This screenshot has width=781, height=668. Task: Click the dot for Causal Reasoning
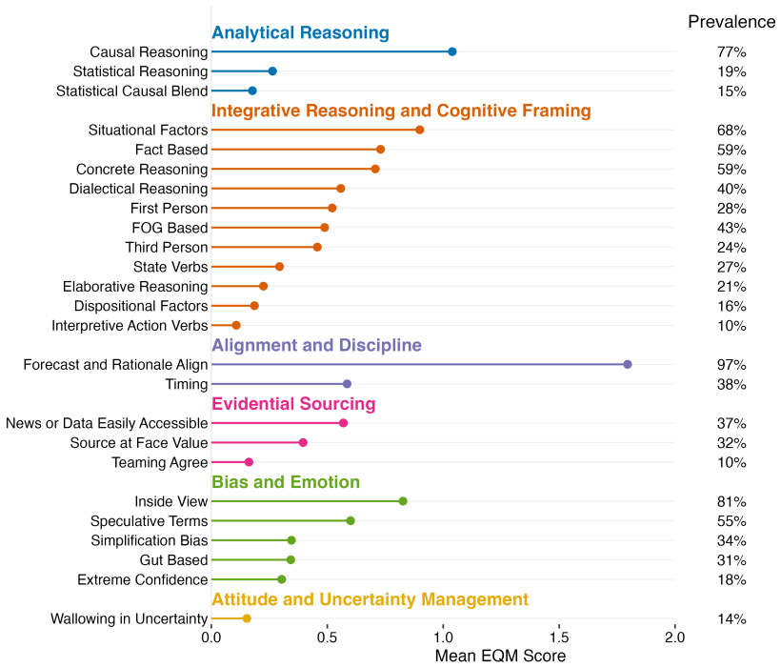(452, 51)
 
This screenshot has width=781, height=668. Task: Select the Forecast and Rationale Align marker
(628, 364)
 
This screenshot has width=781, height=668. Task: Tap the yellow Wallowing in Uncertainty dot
(247, 618)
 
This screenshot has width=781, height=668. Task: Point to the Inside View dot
(403, 501)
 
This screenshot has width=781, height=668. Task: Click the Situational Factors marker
(419, 131)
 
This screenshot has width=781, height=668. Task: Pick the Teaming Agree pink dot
(249, 462)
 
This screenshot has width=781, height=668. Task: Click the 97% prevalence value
(731, 365)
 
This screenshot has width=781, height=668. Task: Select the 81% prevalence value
(731, 501)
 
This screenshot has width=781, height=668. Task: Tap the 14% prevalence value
(731, 619)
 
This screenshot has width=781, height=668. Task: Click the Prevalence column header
(731, 22)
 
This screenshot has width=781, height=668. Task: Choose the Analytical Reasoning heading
(300, 33)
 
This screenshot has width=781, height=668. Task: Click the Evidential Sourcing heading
(293, 404)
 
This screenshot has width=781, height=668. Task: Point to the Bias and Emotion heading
(286, 482)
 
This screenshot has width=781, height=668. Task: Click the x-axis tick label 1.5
(559, 638)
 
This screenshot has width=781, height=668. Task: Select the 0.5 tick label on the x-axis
(328, 638)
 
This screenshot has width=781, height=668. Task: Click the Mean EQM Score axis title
(500, 656)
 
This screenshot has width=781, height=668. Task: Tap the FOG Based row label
(170, 228)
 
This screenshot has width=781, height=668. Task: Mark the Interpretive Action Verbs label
(130, 326)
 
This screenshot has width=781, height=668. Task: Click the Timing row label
(187, 384)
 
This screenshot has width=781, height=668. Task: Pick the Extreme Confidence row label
(143, 579)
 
